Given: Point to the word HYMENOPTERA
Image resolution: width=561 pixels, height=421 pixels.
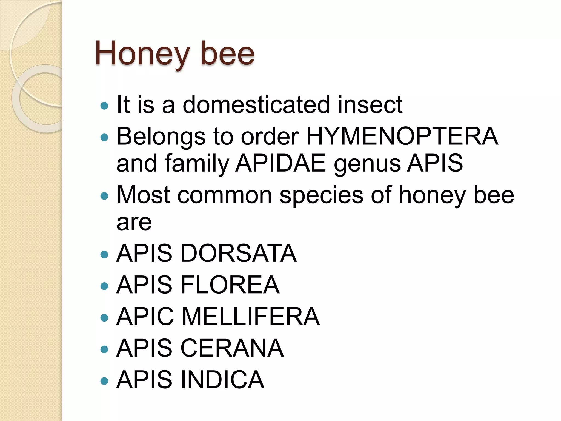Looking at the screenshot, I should pos(402,136).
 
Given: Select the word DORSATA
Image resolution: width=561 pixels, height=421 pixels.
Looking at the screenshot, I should pos(238,253).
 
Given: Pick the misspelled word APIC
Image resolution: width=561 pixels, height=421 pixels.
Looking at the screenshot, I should pos(145,317).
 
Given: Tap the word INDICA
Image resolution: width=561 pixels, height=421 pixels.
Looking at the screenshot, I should pos(222,380).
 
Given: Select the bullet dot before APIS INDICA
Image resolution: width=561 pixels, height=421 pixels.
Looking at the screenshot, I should pos(104,381).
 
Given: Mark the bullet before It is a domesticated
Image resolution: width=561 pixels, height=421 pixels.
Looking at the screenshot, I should pos(104,106).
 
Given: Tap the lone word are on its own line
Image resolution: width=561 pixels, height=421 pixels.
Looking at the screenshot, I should pos(134,223).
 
